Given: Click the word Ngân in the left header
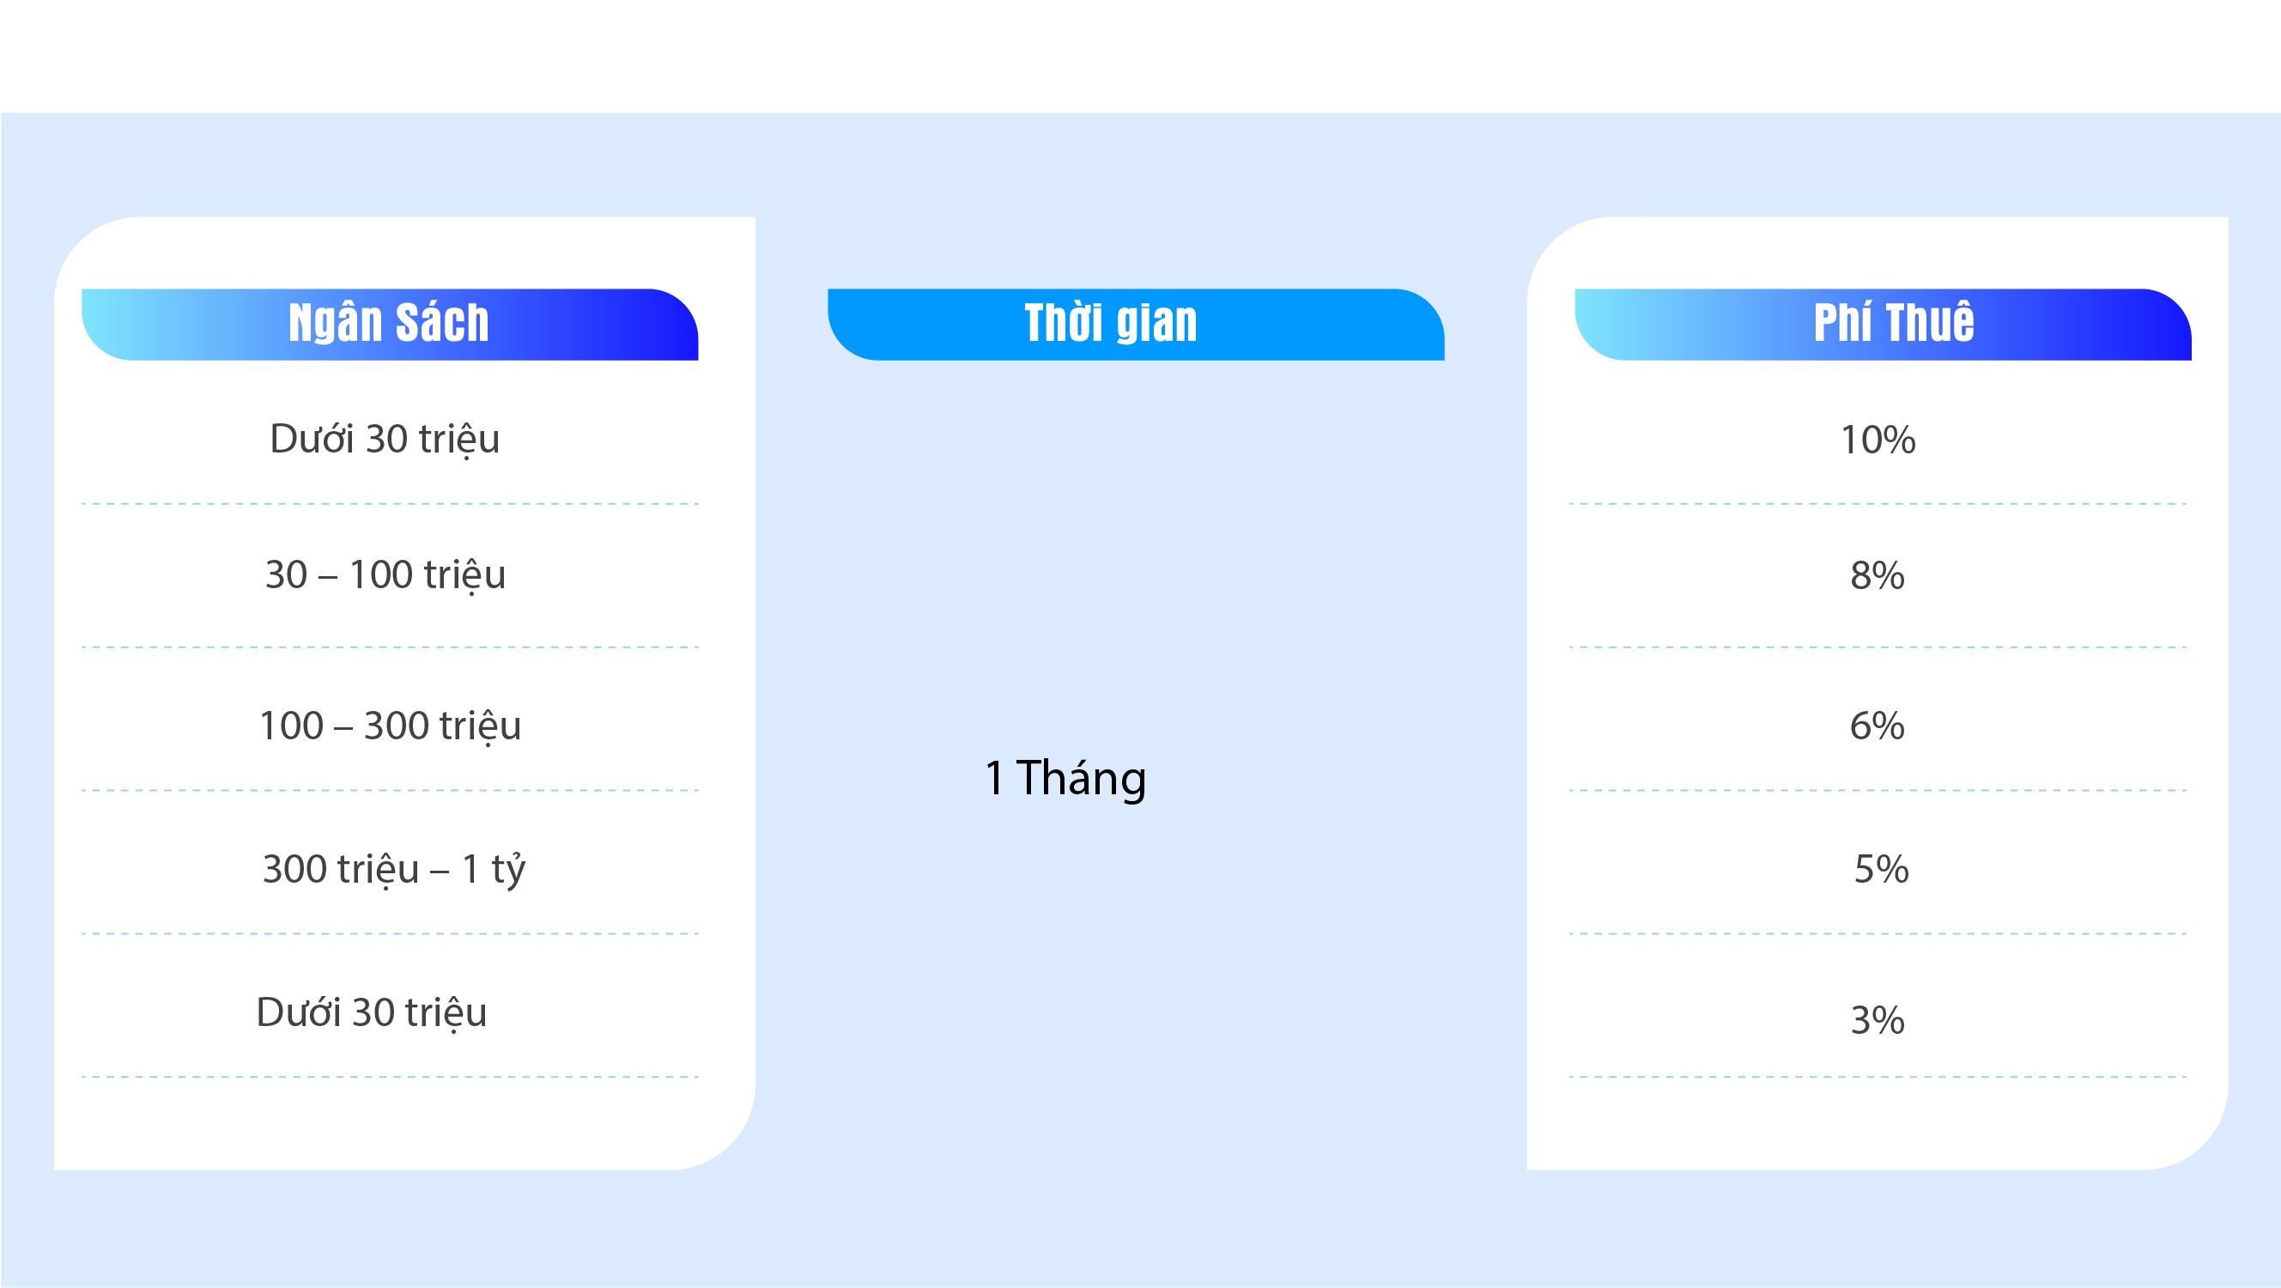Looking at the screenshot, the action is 335,323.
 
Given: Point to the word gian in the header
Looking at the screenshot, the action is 1156,325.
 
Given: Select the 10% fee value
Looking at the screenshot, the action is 1878,440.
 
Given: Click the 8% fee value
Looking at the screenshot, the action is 1878,575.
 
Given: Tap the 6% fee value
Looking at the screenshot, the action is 1878,726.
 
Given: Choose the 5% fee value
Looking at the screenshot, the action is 1882,869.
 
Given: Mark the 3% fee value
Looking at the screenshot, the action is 1878,1019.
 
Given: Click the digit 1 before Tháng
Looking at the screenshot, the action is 994,778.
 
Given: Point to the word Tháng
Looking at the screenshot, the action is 1081,780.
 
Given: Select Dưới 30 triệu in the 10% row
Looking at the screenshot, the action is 385,440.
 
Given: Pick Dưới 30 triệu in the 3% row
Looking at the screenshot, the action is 372,1012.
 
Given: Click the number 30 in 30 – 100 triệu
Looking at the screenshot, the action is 286,575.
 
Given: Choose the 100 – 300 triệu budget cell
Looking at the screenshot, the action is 391,726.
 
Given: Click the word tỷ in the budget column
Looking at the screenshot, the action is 508,869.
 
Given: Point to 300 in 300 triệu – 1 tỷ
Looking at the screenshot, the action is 294,869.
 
